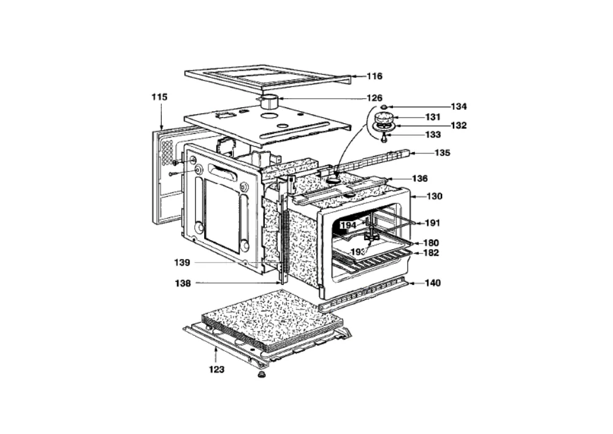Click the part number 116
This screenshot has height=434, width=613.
(x=374, y=76)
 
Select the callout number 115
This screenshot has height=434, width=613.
(x=159, y=96)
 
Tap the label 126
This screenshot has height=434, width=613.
(x=374, y=98)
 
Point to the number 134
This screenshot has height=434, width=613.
(x=459, y=106)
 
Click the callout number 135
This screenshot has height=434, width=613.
(x=442, y=153)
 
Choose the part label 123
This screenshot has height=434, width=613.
(x=216, y=369)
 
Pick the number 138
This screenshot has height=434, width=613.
(x=183, y=283)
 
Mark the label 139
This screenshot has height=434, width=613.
(x=182, y=263)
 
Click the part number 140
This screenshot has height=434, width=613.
(x=433, y=282)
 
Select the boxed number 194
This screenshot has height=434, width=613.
(x=348, y=225)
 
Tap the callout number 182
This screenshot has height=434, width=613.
(x=431, y=253)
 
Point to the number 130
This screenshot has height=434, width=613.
(x=435, y=196)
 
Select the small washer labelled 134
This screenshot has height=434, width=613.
(x=384, y=106)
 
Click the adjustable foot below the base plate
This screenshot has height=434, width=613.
(x=259, y=375)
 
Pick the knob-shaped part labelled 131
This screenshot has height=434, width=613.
(x=384, y=117)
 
